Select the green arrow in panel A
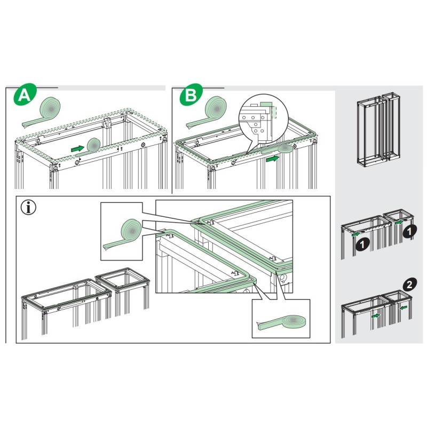[78, 148]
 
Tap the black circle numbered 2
[408, 284]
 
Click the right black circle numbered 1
[409, 231]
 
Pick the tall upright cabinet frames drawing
[376, 129]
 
